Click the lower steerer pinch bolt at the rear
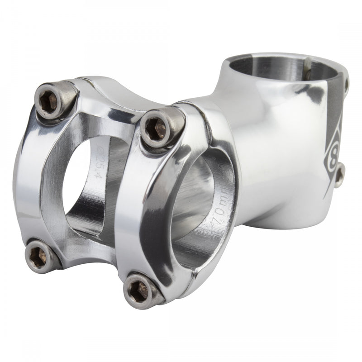[339, 174]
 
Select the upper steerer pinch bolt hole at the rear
[346, 84]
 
